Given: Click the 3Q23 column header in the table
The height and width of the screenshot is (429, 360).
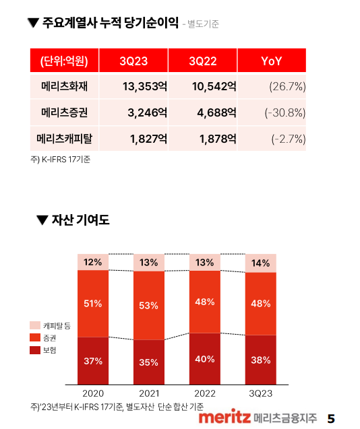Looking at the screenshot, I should pyautogui.click(x=133, y=61).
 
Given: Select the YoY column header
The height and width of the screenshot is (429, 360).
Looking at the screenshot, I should pyautogui.click(x=271, y=61).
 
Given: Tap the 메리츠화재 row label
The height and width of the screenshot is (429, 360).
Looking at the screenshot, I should pyautogui.click(x=65, y=86).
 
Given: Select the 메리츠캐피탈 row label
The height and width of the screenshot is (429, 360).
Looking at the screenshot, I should pyautogui.click(x=65, y=139).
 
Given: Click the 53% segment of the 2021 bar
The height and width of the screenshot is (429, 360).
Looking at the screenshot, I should pyautogui.click(x=149, y=305).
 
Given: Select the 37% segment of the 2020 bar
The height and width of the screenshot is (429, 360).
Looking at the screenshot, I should pyautogui.click(x=93, y=360).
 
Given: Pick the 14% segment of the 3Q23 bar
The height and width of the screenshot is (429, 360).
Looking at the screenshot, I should pyautogui.click(x=260, y=263).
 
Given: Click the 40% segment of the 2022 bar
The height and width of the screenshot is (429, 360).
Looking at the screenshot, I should pyautogui.click(x=205, y=358).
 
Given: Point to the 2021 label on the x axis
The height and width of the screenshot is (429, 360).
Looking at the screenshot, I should pyautogui.click(x=149, y=392).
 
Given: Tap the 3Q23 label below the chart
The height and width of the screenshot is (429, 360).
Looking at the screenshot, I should pyautogui.click(x=260, y=392).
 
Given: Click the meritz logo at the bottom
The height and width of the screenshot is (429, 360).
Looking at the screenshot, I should pyautogui.click(x=225, y=418).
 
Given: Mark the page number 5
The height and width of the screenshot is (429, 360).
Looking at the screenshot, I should pyautogui.click(x=330, y=418).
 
